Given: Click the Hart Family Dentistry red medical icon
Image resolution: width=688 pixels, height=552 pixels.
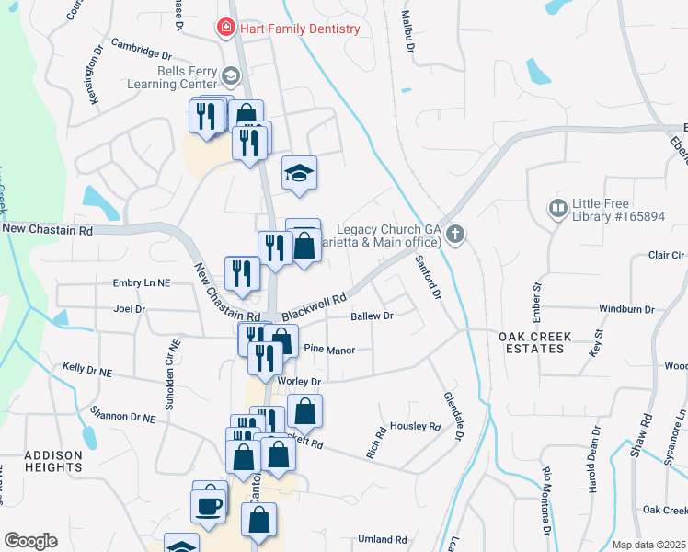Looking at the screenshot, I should [x=224, y=29].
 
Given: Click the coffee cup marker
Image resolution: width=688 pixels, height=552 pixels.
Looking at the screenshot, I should [x=208, y=505].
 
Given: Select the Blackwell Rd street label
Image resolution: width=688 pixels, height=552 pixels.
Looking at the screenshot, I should [x=314, y=308].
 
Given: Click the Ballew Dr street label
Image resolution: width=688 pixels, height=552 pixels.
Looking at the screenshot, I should [x=372, y=316].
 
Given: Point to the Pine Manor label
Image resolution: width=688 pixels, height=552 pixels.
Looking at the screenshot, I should [x=324, y=349].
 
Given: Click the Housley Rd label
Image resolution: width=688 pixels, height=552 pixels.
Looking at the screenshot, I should [x=416, y=426].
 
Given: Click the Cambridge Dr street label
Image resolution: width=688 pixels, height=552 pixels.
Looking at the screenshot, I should [x=142, y=49].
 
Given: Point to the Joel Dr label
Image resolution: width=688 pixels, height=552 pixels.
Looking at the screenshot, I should [x=129, y=309].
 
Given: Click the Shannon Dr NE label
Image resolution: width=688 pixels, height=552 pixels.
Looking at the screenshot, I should [x=123, y=416].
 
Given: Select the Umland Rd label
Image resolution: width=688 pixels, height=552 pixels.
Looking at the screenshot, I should [x=382, y=539].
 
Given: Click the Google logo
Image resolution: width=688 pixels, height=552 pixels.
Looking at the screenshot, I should [x=30, y=541].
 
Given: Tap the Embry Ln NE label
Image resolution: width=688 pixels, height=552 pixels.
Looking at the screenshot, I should [x=142, y=283].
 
